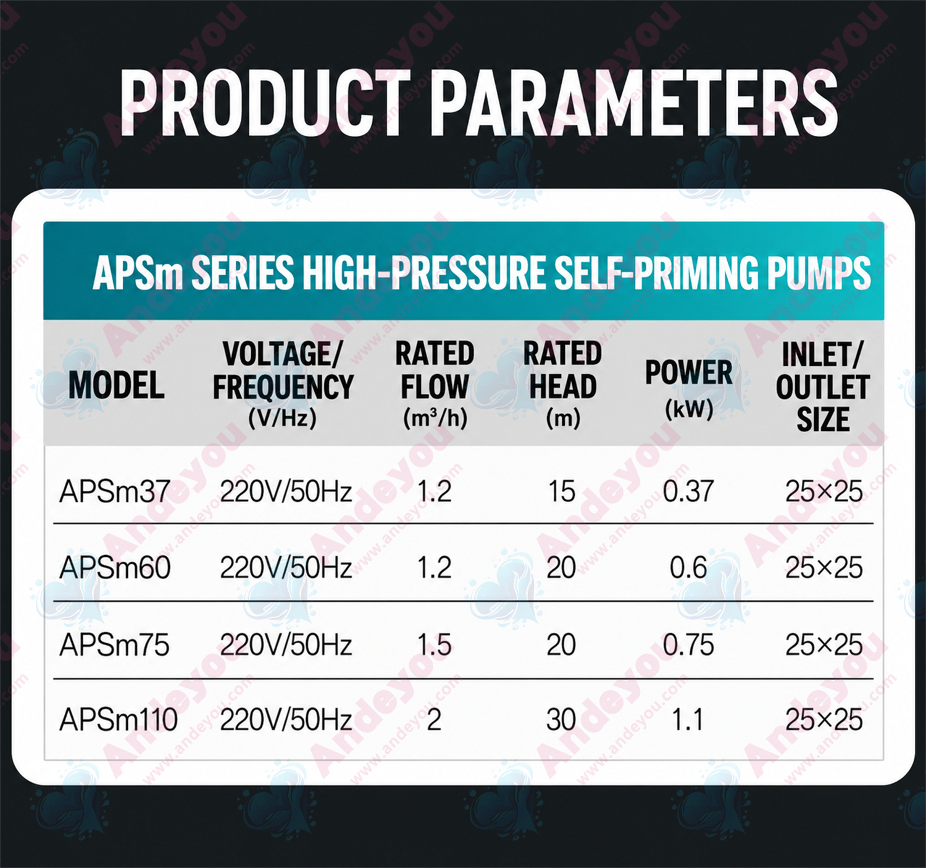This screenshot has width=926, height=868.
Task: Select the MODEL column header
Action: (x=116, y=386)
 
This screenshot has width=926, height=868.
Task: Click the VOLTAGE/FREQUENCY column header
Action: (x=283, y=385)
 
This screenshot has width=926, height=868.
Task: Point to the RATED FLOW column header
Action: (x=435, y=385)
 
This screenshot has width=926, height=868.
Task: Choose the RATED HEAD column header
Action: (x=563, y=385)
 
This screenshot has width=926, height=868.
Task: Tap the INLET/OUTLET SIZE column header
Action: (x=822, y=386)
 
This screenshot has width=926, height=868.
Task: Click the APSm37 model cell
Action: (x=114, y=491)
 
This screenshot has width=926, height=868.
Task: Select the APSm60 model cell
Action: (x=115, y=568)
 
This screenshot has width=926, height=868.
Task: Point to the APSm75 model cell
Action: (x=114, y=645)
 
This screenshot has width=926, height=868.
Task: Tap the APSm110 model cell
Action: (x=119, y=720)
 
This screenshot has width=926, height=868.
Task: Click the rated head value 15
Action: (x=562, y=491)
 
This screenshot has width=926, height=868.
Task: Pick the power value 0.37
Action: (x=688, y=491)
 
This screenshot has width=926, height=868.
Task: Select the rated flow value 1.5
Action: (x=434, y=645)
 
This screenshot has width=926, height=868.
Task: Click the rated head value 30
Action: (x=561, y=720)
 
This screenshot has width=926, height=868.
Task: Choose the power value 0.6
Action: (x=688, y=568)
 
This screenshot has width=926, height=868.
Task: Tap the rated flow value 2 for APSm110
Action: (x=433, y=720)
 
